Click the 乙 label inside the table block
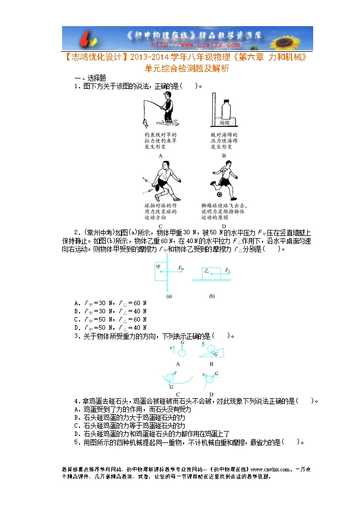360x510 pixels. pos(206,271)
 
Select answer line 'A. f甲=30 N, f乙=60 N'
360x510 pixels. pos(111,303)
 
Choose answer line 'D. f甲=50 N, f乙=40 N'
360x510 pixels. pos(111,327)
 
